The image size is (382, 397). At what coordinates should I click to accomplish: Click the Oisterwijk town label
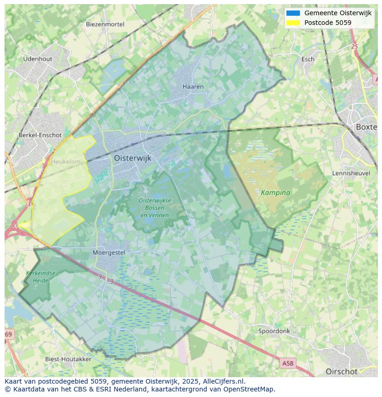[132, 158]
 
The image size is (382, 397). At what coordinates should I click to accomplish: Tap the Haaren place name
[193, 87]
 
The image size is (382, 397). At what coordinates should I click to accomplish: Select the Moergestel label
[109, 253]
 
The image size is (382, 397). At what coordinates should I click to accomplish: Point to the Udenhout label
[38, 59]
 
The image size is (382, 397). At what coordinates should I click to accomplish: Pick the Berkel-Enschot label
[40, 135]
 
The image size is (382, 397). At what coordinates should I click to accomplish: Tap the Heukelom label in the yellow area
[66, 162]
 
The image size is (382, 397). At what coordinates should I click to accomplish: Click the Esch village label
[308, 59]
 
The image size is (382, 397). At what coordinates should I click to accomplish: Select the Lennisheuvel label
[351, 173]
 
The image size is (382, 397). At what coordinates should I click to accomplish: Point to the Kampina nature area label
[275, 193]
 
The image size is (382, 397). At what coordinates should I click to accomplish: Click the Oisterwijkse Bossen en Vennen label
[155, 207]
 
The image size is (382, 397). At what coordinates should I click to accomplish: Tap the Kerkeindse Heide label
[41, 277]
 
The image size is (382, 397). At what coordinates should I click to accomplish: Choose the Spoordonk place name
[274, 331]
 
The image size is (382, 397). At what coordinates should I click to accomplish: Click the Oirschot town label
[341, 372]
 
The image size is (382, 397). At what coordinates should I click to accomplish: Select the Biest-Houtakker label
[68, 359]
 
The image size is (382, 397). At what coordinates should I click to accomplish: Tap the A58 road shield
[287, 363]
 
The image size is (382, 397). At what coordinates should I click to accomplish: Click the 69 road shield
[9, 334]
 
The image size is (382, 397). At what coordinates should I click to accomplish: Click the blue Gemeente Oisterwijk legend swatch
[293, 13]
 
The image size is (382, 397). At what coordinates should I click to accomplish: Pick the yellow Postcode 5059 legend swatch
[293, 23]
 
